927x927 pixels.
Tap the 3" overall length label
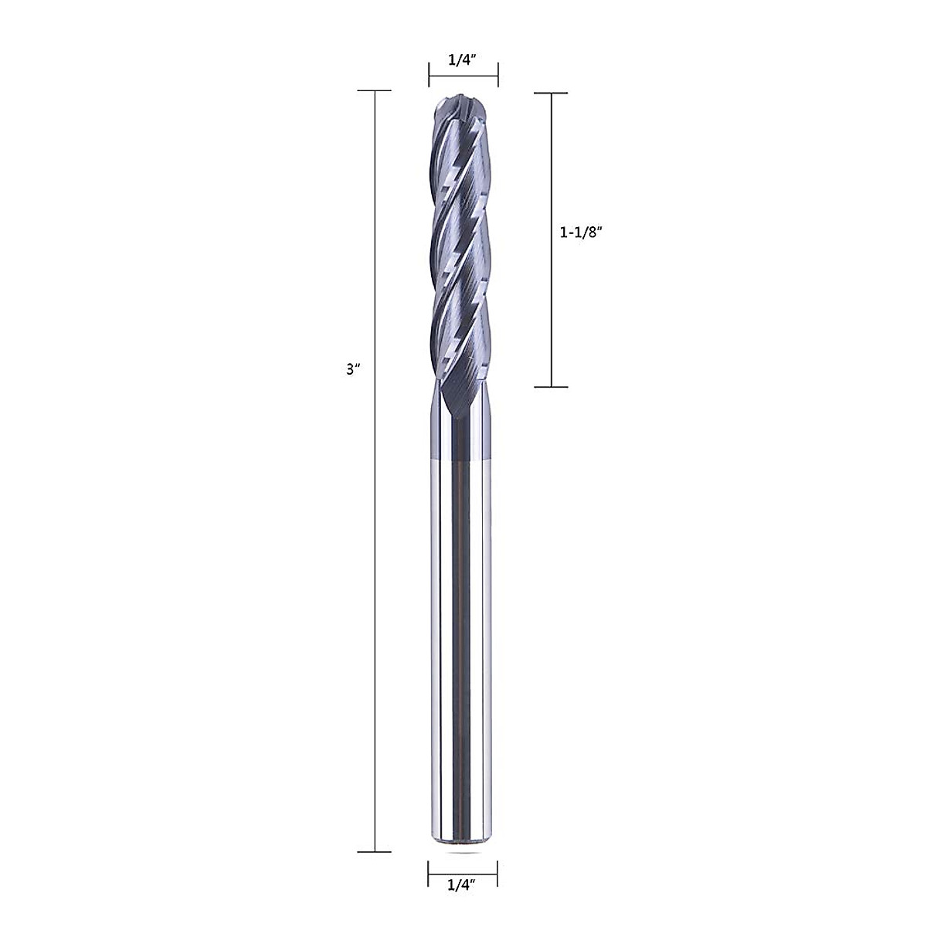click(x=355, y=369)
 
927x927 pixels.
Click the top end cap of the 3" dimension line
click(x=375, y=91)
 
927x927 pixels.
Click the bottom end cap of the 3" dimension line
click(x=375, y=852)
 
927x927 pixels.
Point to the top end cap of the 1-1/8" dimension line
click(x=552, y=93)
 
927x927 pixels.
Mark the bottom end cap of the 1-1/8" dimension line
click(x=552, y=386)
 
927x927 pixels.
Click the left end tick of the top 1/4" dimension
click(x=430, y=75)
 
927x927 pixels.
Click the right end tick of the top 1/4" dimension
click(x=497, y=75)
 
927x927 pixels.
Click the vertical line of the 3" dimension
click(x=375, y=541)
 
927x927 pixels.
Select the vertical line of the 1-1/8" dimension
click(x=552, y=309)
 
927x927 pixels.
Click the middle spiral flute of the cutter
click(x=461, y=255)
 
